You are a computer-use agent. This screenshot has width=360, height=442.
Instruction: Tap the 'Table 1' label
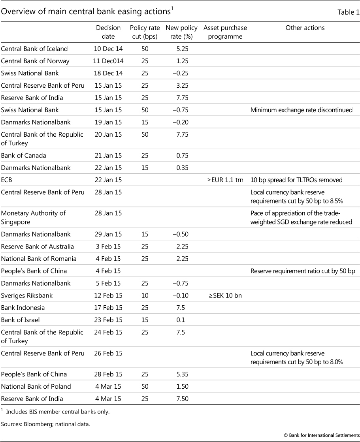point(348,12)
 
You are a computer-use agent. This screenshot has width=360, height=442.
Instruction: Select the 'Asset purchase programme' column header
point(225,32)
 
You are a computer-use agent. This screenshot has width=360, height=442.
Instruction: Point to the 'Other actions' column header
point(305,28)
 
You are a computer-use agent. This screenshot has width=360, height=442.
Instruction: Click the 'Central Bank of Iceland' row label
point(34,49)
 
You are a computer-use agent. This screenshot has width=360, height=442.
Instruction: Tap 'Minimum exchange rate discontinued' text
point(302,110)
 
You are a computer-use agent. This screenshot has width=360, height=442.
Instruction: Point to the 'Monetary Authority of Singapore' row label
point(33,217)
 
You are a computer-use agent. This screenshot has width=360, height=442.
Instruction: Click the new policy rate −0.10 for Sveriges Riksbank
point(180,295)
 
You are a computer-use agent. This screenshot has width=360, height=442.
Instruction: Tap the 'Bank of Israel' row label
point(21,320)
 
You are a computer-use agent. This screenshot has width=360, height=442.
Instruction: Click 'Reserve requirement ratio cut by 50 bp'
point(302,271)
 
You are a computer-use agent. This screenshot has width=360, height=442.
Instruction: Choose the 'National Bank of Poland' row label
point(36,386)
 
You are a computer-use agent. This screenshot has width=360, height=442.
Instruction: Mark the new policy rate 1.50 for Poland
point(182,386)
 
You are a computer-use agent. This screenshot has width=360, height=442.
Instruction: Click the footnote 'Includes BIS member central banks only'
point(58,412)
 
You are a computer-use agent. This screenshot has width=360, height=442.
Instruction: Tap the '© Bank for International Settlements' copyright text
point(322,434)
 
